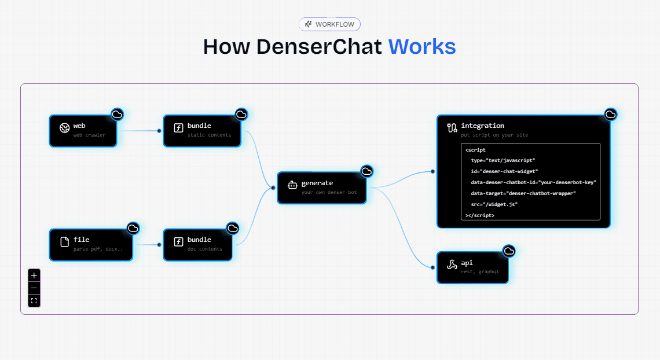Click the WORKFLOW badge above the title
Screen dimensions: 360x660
pos(329,24)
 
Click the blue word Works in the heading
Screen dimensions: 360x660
pos(421,46)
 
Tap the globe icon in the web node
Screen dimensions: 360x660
pos(65,127)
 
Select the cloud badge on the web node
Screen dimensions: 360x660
pos(118,115)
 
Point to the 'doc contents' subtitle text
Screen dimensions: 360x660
pos(204,249)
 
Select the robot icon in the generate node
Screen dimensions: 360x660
pos(292,185)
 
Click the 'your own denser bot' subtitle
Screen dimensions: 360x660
pos(329,192)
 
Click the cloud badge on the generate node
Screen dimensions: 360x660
pos(366,171)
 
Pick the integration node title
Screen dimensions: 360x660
pos(482,126)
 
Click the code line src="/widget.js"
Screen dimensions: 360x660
pos(494,204)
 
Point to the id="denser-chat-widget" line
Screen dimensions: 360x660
pos(504,171)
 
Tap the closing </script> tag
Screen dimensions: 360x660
pos(479,215)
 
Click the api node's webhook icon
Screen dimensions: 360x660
pos(452,265)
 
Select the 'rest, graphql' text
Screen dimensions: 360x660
pos(479,271)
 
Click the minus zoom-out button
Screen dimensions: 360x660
pos(34,288)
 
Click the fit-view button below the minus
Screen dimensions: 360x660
pos(34,300)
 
